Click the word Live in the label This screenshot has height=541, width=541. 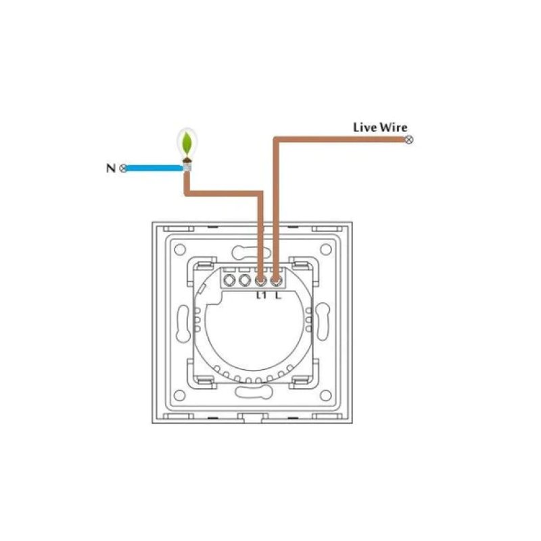tap(364, 127)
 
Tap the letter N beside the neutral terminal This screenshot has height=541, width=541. tap(110, 168)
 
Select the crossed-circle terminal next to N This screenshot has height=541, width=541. tap(123, 168)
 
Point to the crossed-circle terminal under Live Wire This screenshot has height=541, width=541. tap(408, 140)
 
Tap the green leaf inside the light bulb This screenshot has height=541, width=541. tap(185, 143)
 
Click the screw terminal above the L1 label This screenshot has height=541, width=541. tap(261, 279)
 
